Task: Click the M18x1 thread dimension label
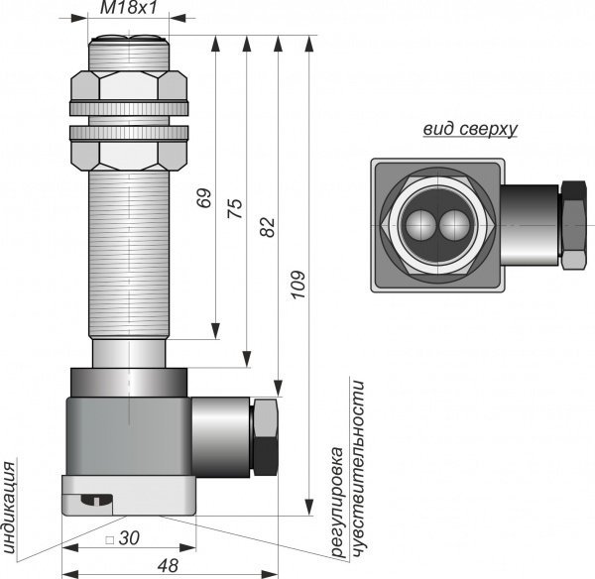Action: pyautogui.click(x=128, y=8)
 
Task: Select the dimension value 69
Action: pyautogui.click(x=203, y=197)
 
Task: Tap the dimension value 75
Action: pyautogui.click(x=235, y=208)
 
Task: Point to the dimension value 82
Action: pyautogui.click(x=268, y=227)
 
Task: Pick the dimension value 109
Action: pyautogui.click(x=298, y=285)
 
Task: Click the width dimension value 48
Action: pyautogui.click(x=168, y=565)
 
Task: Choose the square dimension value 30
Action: pyautogui.click(x=129, y=538)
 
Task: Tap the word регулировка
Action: pyautogui.click(x=337, y=503)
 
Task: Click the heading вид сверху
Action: pyautogui.click(x=470, y=129)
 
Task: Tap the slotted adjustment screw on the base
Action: pyautogui.click(x=96, y=500)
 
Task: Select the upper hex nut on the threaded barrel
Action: pyautogui.click(x=129, y=85)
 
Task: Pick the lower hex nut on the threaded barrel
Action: pyautogui.click(x=129, y=156)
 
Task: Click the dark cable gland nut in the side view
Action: pyautogui.click(x=265, y=437)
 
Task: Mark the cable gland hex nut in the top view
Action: pyautogui.click(x=573, y=225)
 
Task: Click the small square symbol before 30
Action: pyautogui.click(x=110, y=539)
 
